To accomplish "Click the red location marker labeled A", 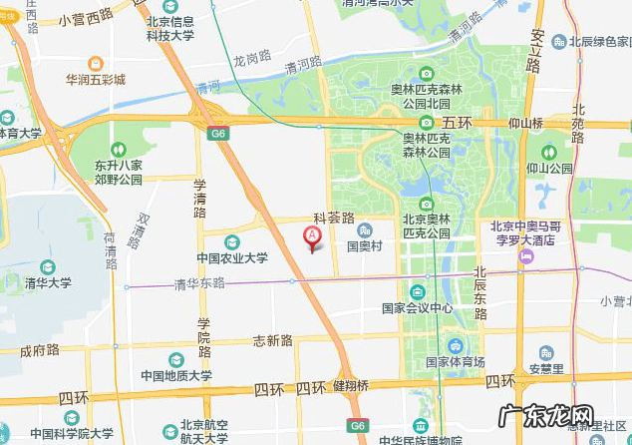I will (312, 236).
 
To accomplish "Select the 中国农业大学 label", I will (232, 258).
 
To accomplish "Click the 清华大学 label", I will (48, 282).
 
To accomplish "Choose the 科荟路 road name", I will (335, 217).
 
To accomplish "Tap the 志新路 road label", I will (272, 340).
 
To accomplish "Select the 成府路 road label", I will (40, 350).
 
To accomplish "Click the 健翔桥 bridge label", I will (351, 386).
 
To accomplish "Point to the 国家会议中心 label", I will (418, 308).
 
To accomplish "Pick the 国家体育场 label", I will (455, 361).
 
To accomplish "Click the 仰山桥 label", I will (523, 123).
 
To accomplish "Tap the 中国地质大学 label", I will (176, 376).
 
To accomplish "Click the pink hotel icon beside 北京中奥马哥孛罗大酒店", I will (525, 257).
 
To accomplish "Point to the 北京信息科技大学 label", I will (170, 28).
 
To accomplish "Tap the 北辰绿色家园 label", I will (600, 42).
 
